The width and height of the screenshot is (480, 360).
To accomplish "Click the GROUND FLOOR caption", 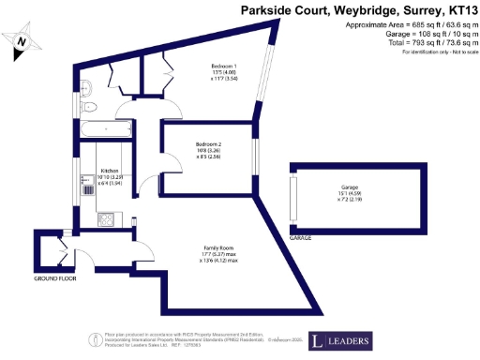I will pos(55,279).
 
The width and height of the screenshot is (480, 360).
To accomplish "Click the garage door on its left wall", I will pos(292,197).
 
